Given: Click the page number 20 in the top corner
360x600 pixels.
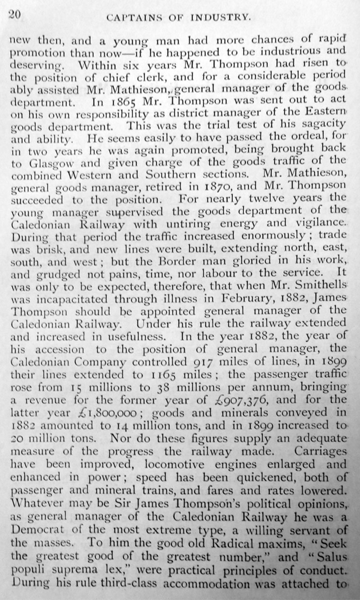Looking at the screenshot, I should pyautogui.click(x=13, y=15).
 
